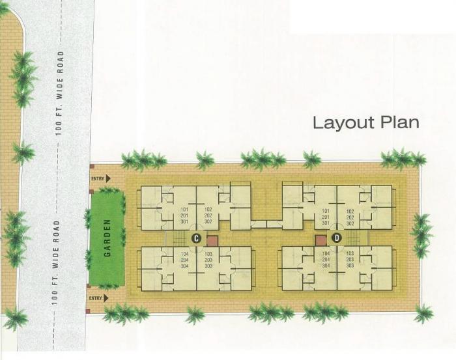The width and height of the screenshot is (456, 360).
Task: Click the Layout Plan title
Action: click(365, 123)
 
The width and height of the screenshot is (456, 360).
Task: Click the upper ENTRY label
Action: click(98, 178)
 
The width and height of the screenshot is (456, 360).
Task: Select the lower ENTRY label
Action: click(96, 298)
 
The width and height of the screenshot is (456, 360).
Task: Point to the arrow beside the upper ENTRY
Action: click(107, 178)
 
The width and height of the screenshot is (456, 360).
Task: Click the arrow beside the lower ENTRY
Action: click(106, 298)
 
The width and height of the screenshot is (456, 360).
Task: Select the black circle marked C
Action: click(195, 238)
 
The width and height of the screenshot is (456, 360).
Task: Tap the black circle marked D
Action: click(337, 238)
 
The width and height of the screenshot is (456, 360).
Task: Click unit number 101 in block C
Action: click(184, 210)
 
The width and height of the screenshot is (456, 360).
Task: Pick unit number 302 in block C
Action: click(208, 222)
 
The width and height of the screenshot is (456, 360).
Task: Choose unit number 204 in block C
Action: click(184, 260)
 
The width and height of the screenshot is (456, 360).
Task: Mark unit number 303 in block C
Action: click(208, 266)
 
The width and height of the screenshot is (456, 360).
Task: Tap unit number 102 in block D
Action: click(350, 211)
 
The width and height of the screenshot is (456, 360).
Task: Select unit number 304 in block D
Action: click(326, 266)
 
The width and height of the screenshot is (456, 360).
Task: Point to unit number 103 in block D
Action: click(350, 253)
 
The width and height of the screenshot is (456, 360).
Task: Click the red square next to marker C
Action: click(210, 240)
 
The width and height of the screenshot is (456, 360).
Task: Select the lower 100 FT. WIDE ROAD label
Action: click(57, 262)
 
